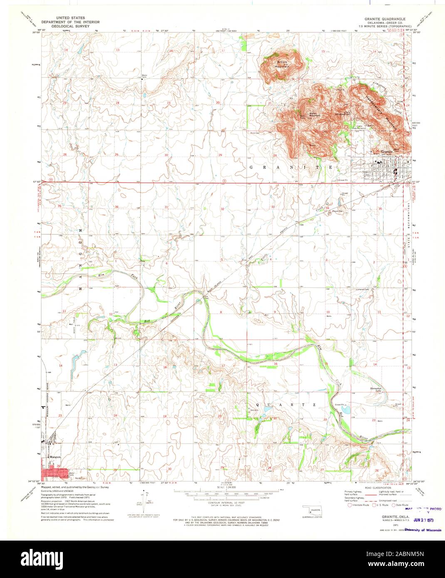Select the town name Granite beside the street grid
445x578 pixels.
pos(387,152)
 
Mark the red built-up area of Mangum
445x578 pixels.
pos(54,473)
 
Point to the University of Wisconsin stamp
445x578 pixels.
pos(423,530)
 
